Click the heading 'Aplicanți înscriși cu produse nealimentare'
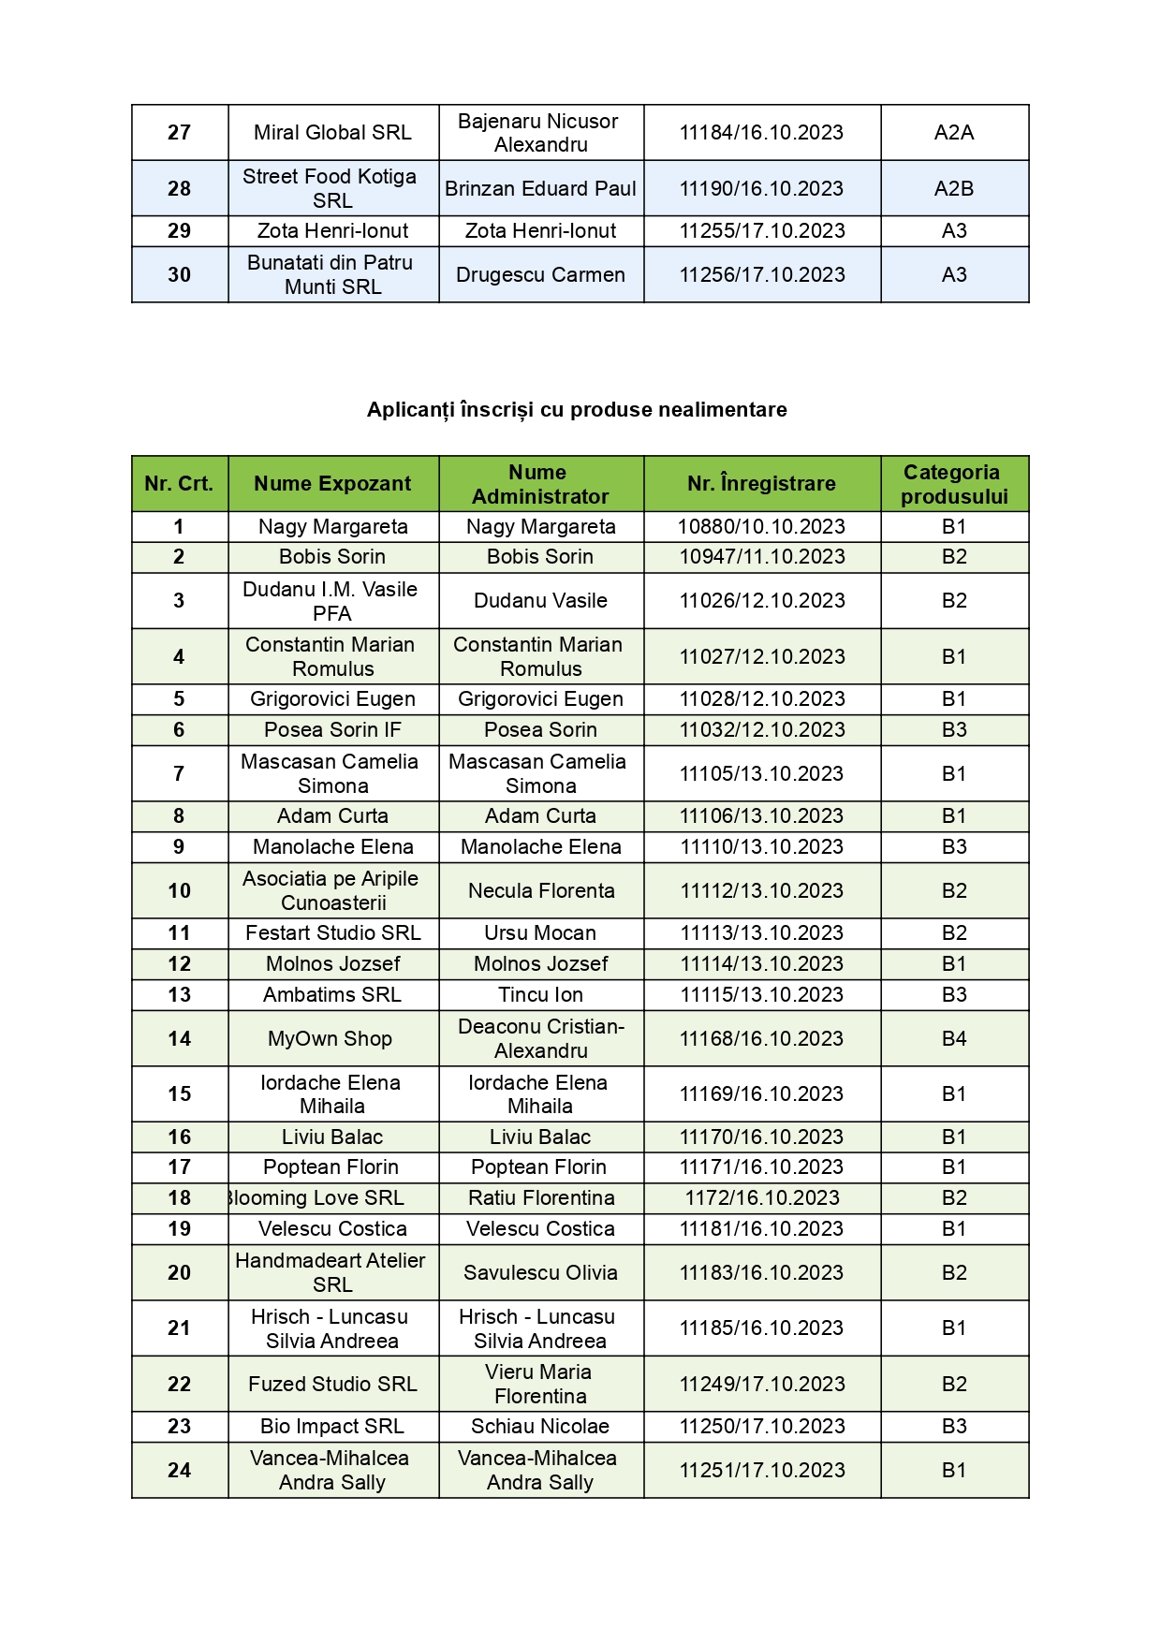point(577,409)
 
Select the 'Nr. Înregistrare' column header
point(761,484)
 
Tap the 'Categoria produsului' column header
point(953,484)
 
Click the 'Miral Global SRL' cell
point(332,133)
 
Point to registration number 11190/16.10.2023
point(761,188)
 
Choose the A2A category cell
point(953,133)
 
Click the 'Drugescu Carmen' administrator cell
point(540,275)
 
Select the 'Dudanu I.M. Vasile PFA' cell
point(332,601)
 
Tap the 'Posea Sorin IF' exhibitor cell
point(332,730)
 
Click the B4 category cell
point(953,1038)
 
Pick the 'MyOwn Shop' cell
point(331,1038)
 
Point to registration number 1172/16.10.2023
point(761,1198)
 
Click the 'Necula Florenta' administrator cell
point(540,890)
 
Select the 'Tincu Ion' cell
point(540,995)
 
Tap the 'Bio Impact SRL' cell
point(332,1427)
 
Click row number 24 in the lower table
point(179,1471)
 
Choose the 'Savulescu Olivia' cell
point(540,1273)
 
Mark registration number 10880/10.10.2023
point(761,527)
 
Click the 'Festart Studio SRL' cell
point(332,933)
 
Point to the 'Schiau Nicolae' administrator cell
point(540,1427)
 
